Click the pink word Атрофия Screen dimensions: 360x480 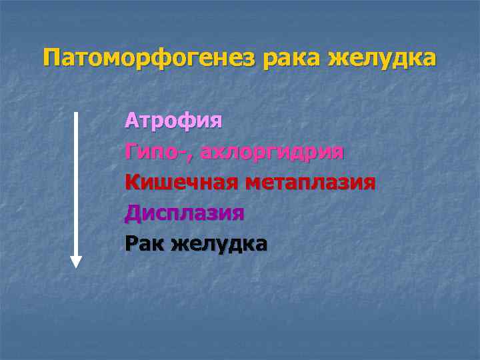tap(173, 121)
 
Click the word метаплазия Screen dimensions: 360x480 tap(310, 183)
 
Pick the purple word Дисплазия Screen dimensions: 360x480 tap(185, 213)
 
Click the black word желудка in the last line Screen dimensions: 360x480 tap(219, 244)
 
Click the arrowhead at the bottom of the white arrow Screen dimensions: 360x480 tap(76, 261)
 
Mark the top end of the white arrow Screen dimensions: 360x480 tap(76, 113)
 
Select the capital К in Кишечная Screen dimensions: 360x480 tap(132, 183)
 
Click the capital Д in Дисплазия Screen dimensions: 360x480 tap(133, 213)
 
